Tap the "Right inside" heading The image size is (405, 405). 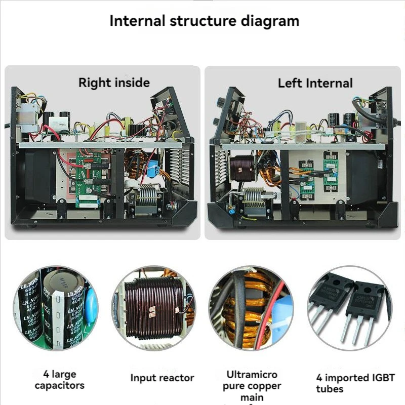point(114,83)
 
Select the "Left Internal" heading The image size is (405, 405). point(315,83)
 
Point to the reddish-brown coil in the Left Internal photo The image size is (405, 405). point(241,168)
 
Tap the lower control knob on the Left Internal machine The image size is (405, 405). point(217,121)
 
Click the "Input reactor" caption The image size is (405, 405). point(162,378)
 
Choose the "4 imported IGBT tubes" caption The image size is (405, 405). point(355,383)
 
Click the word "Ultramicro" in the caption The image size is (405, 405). point(252,375)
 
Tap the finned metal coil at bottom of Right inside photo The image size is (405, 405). point(148,195)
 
